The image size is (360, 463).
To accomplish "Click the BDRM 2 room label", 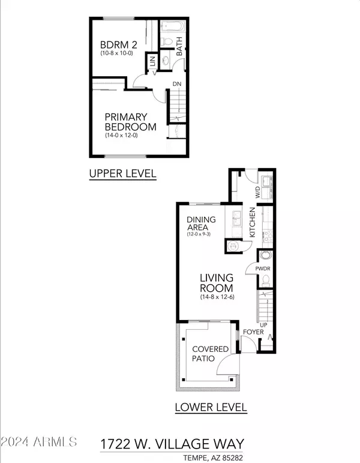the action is (x=119, y=45).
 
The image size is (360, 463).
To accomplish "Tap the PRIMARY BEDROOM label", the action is (x=130, y=122).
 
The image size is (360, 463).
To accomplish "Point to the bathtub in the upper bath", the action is (x=173, y=26).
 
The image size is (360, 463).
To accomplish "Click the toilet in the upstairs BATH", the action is (x=167, y=41).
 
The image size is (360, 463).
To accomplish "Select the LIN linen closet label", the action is (x=152, y=61).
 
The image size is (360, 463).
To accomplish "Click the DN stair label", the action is (x=177, y=84).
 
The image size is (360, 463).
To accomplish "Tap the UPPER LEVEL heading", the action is (x=123, y=174).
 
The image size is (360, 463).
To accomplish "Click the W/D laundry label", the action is (x=257, y=192).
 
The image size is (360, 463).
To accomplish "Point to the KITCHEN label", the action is (x=252, y=222).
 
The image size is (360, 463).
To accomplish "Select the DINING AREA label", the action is (x=201, y=223).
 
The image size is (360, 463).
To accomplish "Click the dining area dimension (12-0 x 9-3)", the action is (x=199, y=234).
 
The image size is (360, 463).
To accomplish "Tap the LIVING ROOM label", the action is (x=217, y=283).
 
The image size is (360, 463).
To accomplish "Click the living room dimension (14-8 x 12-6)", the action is (x=217, y=297).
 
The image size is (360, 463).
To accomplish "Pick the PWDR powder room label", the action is (x=263, y=269).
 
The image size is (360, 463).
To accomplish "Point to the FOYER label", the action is (x=253, y=332).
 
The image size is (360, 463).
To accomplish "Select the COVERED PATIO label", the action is (x=211, y=354).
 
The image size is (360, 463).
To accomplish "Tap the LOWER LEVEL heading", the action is (x=211, y=407).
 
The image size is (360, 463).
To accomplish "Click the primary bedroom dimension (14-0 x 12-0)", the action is (x=121, y=136).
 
